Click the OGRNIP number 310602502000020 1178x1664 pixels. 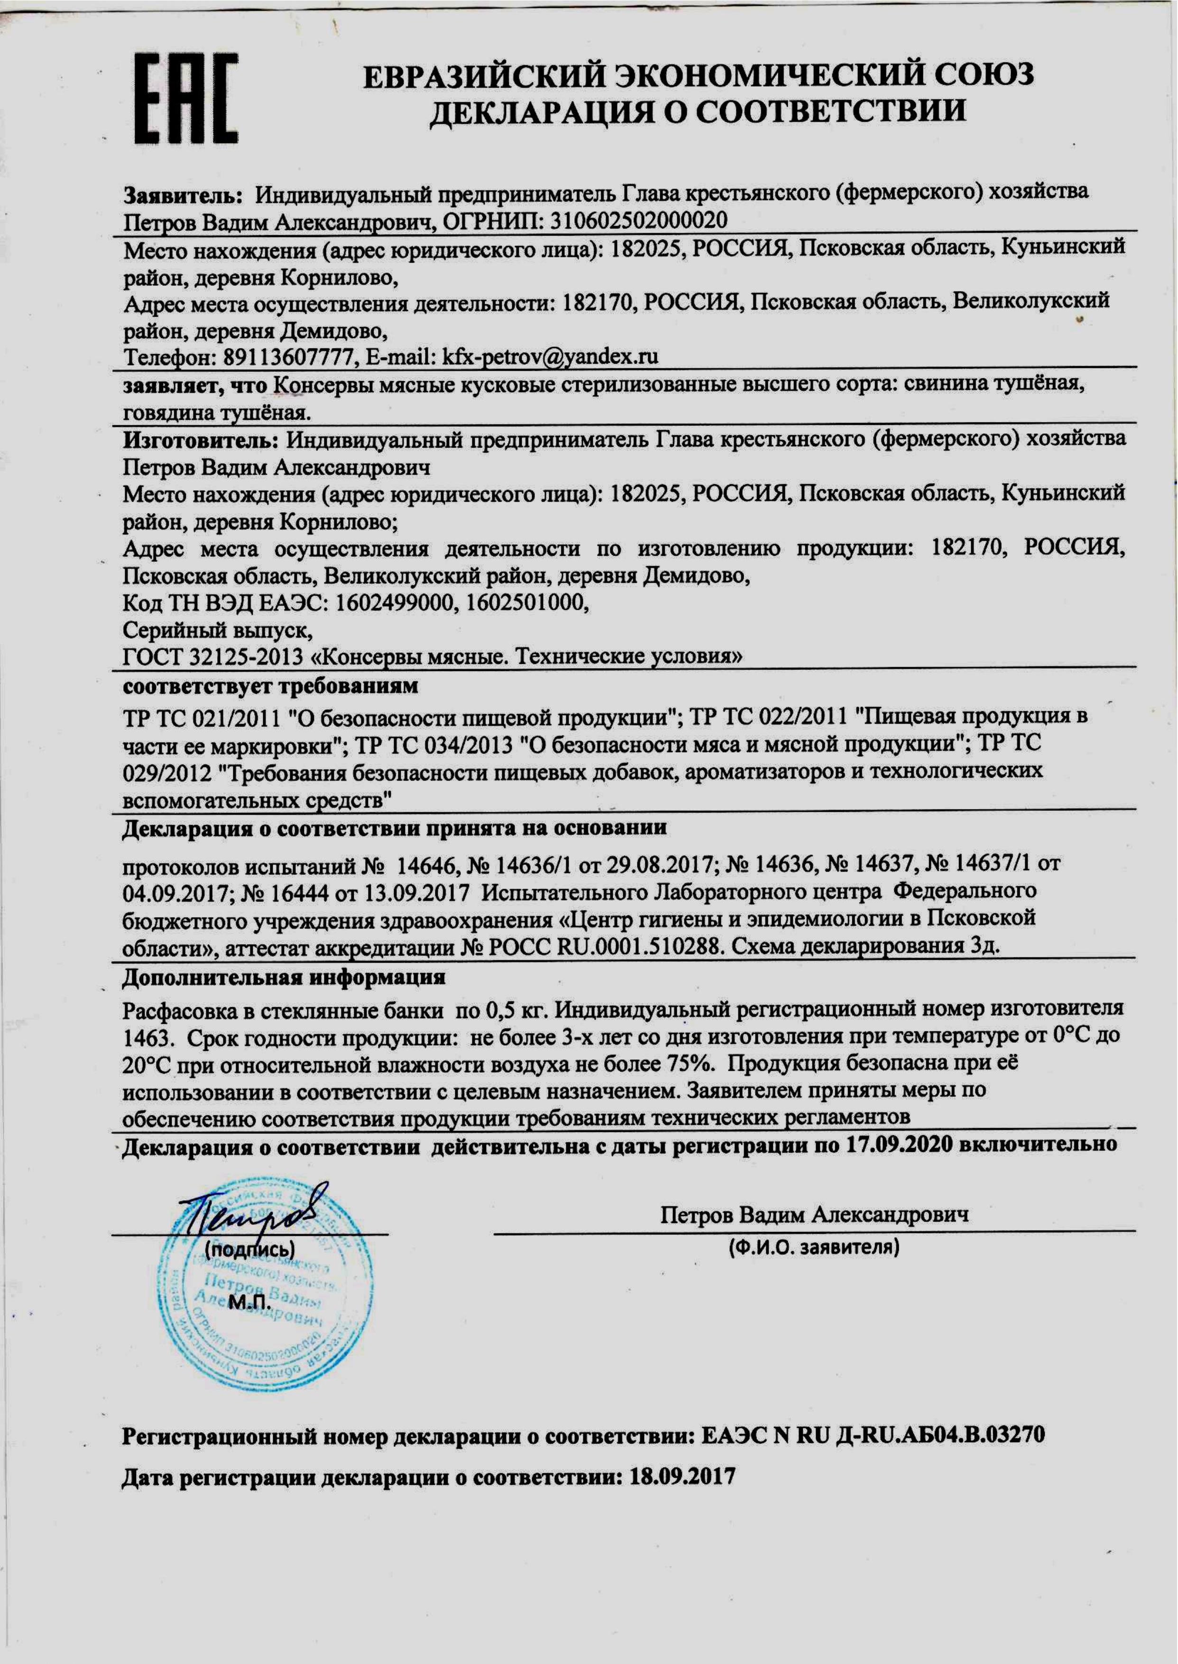pos(638,220)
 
